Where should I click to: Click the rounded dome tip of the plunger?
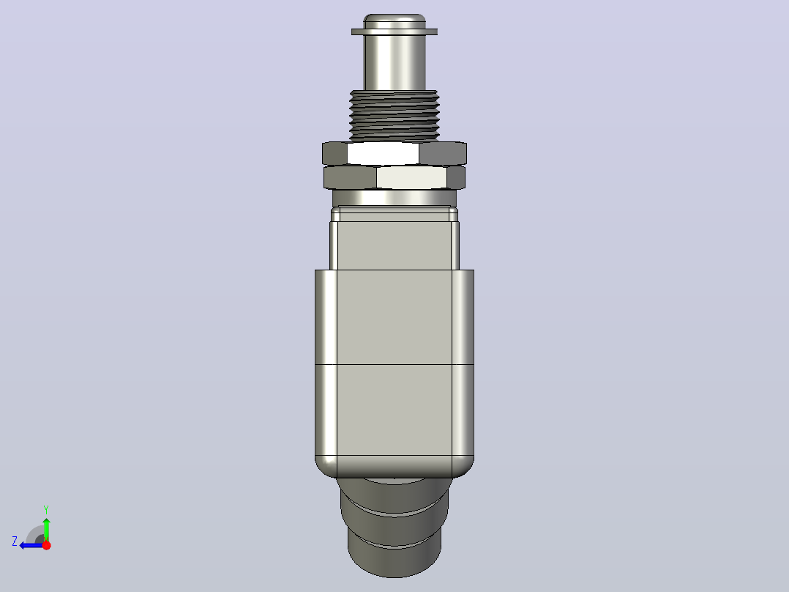pos(394,21)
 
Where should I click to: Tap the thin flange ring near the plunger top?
pos(394,32)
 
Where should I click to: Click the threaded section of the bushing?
pos(394,115)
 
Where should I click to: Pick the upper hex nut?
pos(394,153)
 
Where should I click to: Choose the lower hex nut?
pos(394,177)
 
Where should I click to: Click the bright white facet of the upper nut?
pos(383,153)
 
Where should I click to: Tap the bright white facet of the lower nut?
pos(411,177)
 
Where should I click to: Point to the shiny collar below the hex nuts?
pos(394,198)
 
